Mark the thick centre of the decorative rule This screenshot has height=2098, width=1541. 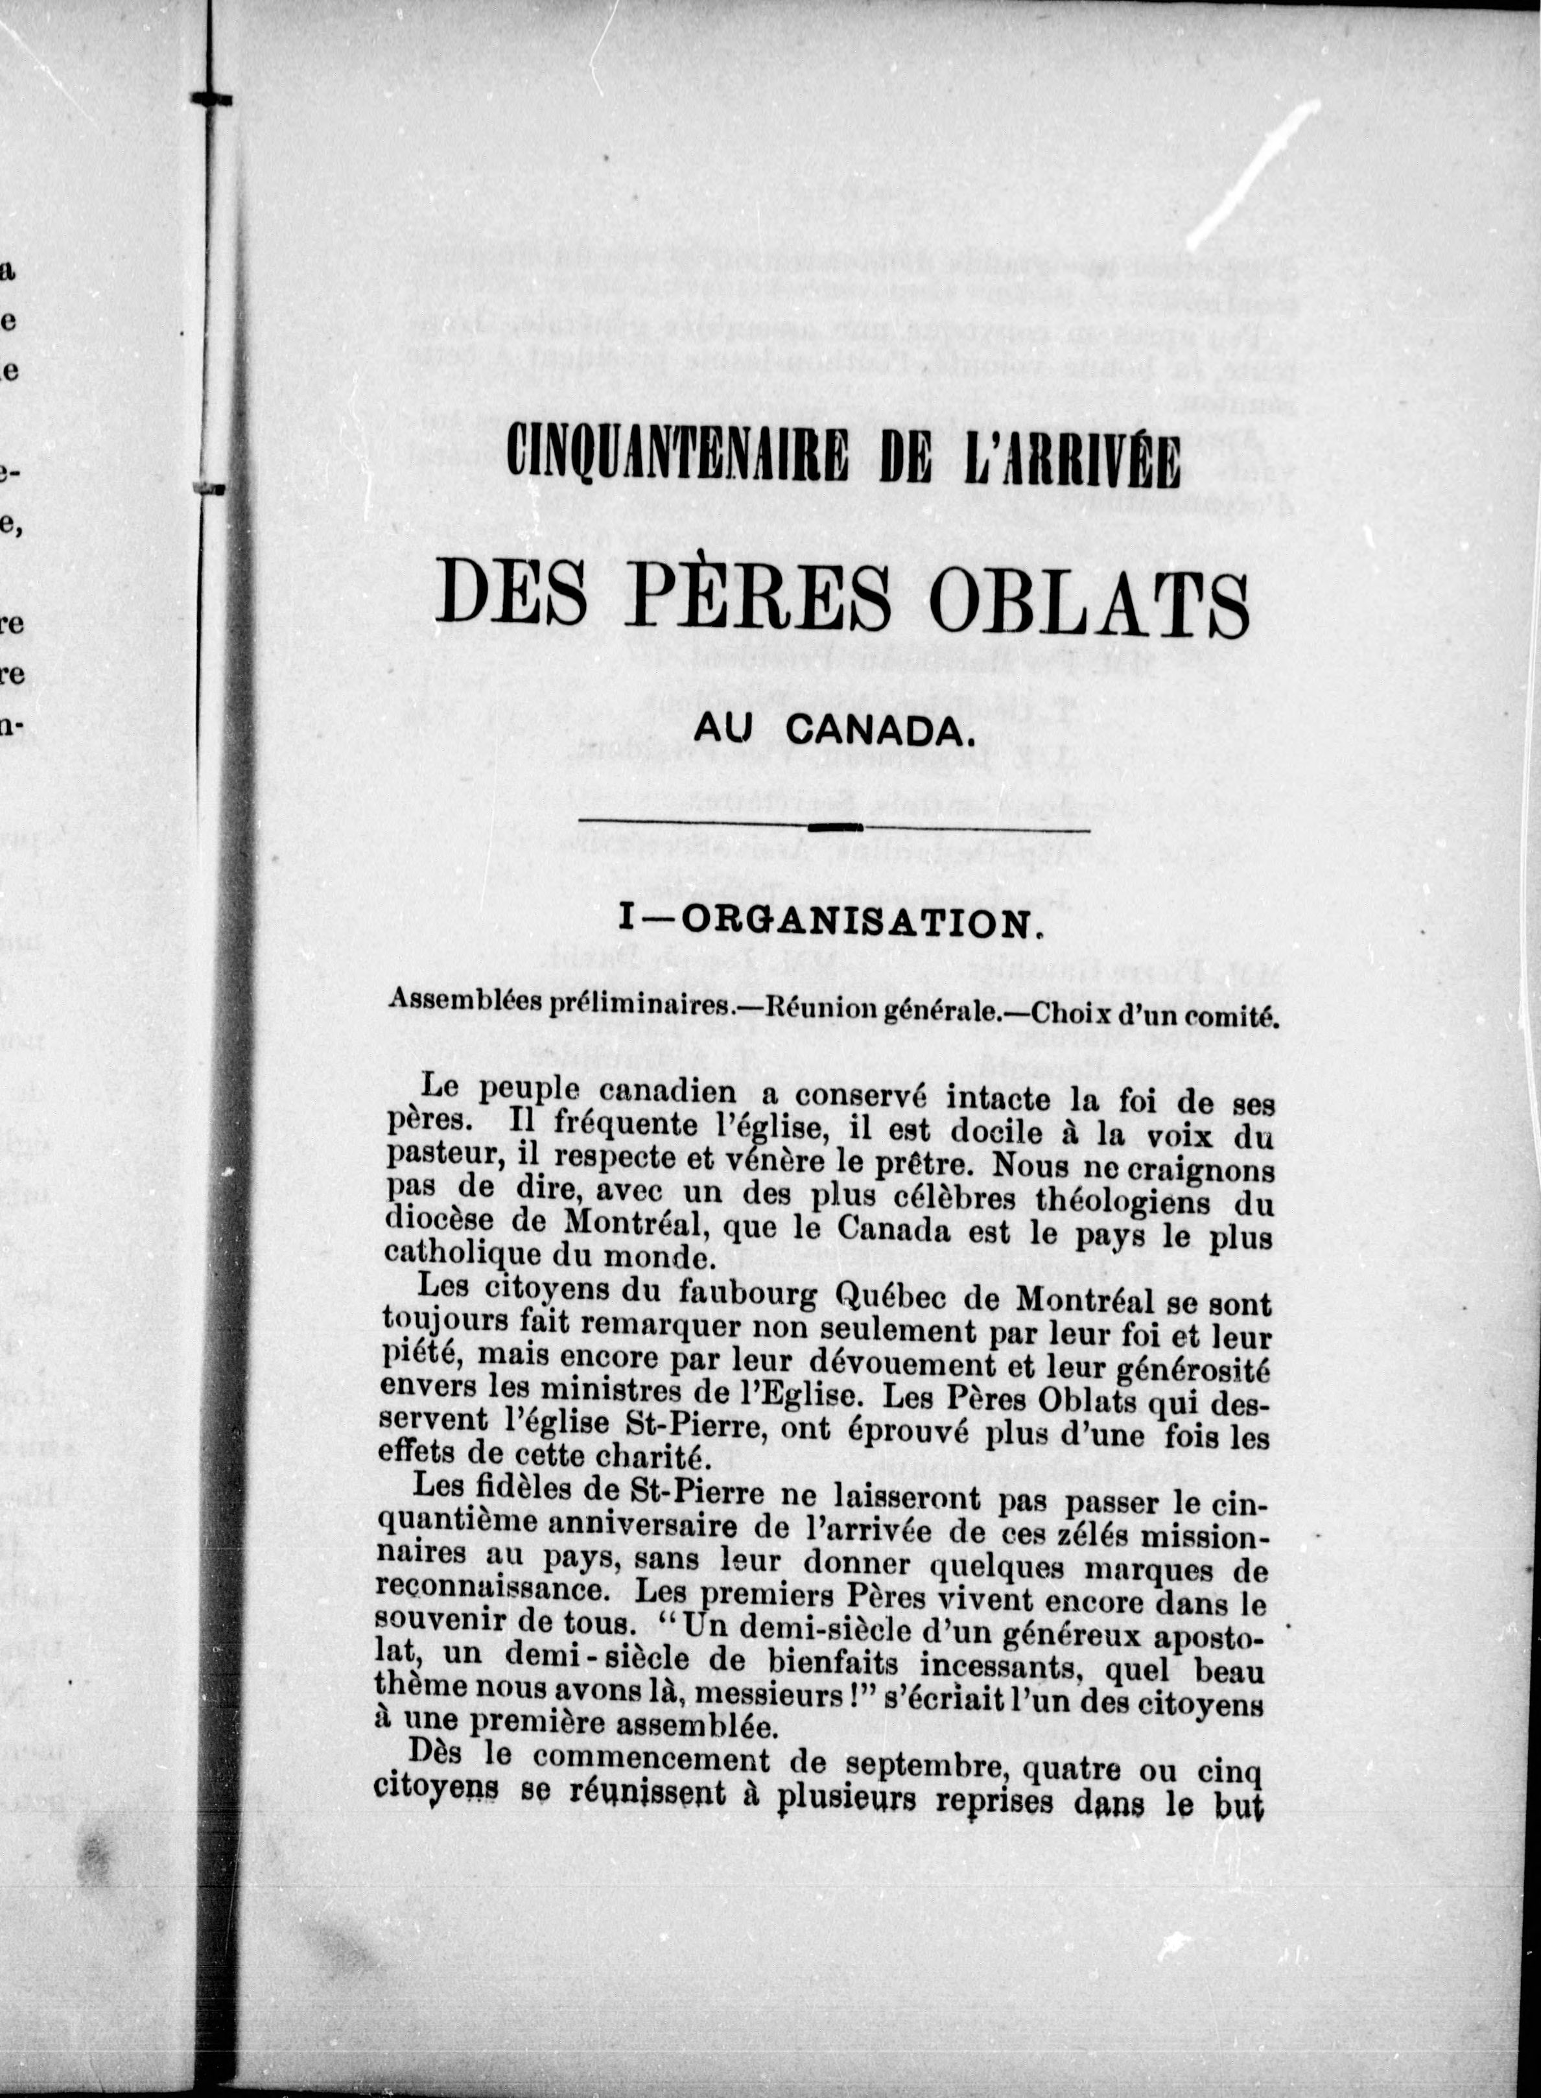(x=833, y=827)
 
